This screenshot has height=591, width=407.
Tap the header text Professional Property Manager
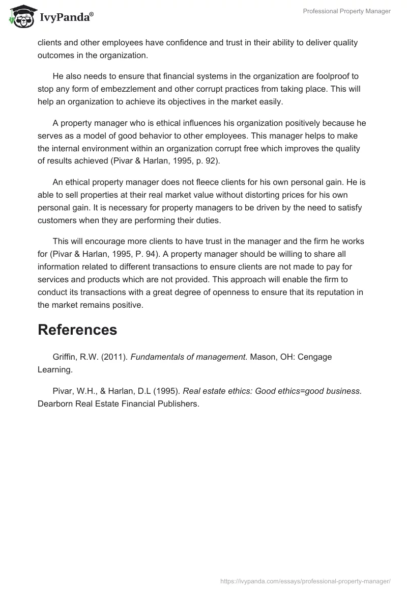click(x=346, y=11)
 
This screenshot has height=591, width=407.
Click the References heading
click(x=77, y=330)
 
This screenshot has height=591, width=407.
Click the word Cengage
click(x=315, y=357)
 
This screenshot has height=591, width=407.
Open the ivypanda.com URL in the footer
click(x=305, y=580)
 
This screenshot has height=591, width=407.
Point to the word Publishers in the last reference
click(x=173, y=404)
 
